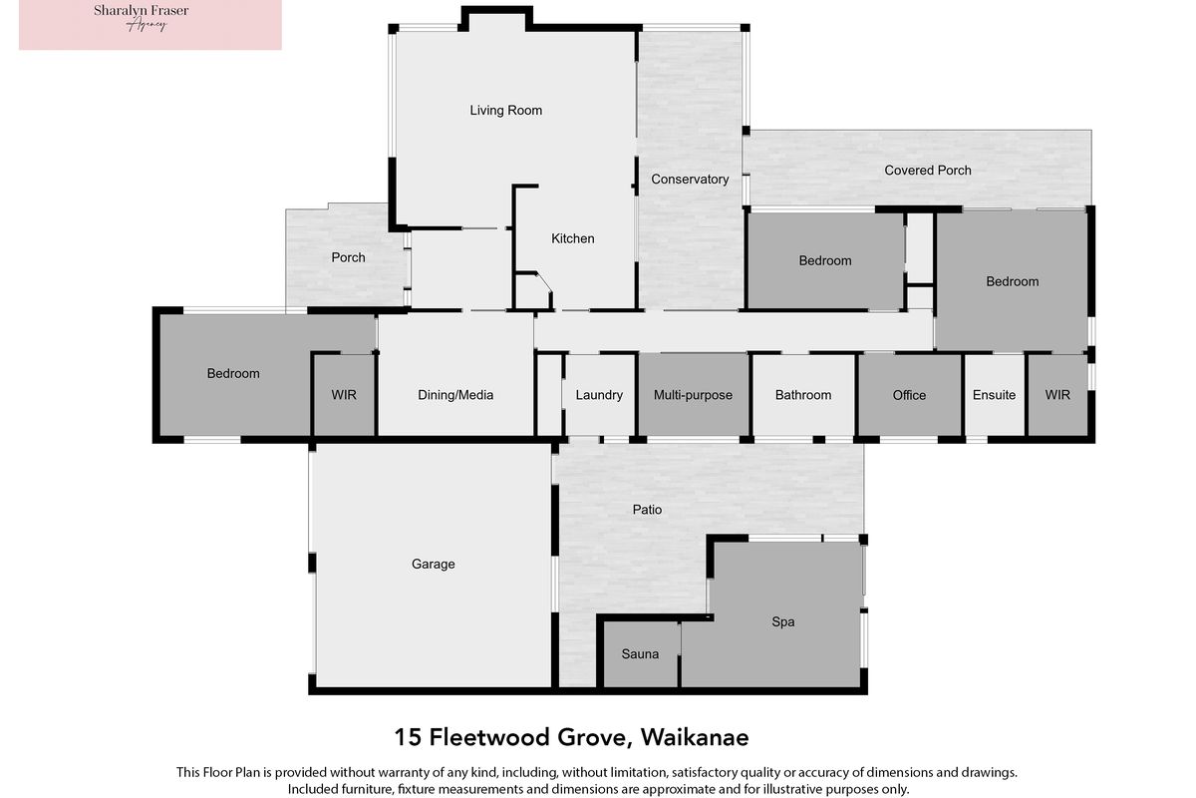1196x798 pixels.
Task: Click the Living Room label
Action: [x=505, y=110]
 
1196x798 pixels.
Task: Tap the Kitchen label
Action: [x=572, y=238]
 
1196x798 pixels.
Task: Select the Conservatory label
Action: [x=690, y=180]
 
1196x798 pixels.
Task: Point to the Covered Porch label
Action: [x=928, y=170]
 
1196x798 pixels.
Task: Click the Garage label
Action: [x=433, y=564]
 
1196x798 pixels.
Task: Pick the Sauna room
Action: [x=640, y=654]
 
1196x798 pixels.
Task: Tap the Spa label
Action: [x=782, y=621]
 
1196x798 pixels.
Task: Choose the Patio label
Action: [x=647, y=510]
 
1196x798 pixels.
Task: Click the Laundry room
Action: [x=599, y=394]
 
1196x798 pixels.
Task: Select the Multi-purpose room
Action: [x=693, y=394]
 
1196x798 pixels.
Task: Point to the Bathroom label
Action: [x=803, y=395]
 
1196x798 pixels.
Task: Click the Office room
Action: [x=909, y=394]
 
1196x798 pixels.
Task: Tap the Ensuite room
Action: [x=995, y=394]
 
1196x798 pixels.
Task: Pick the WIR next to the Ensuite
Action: [x=1057, y=394]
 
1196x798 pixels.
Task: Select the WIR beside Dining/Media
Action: [x=344, y=394]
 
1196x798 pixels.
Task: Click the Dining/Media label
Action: [x=455, y=395]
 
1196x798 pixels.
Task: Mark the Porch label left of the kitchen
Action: [x=348, y=257]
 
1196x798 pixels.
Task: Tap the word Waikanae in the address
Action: [x=695, y=737]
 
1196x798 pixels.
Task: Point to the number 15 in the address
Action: [x=408, y=737]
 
